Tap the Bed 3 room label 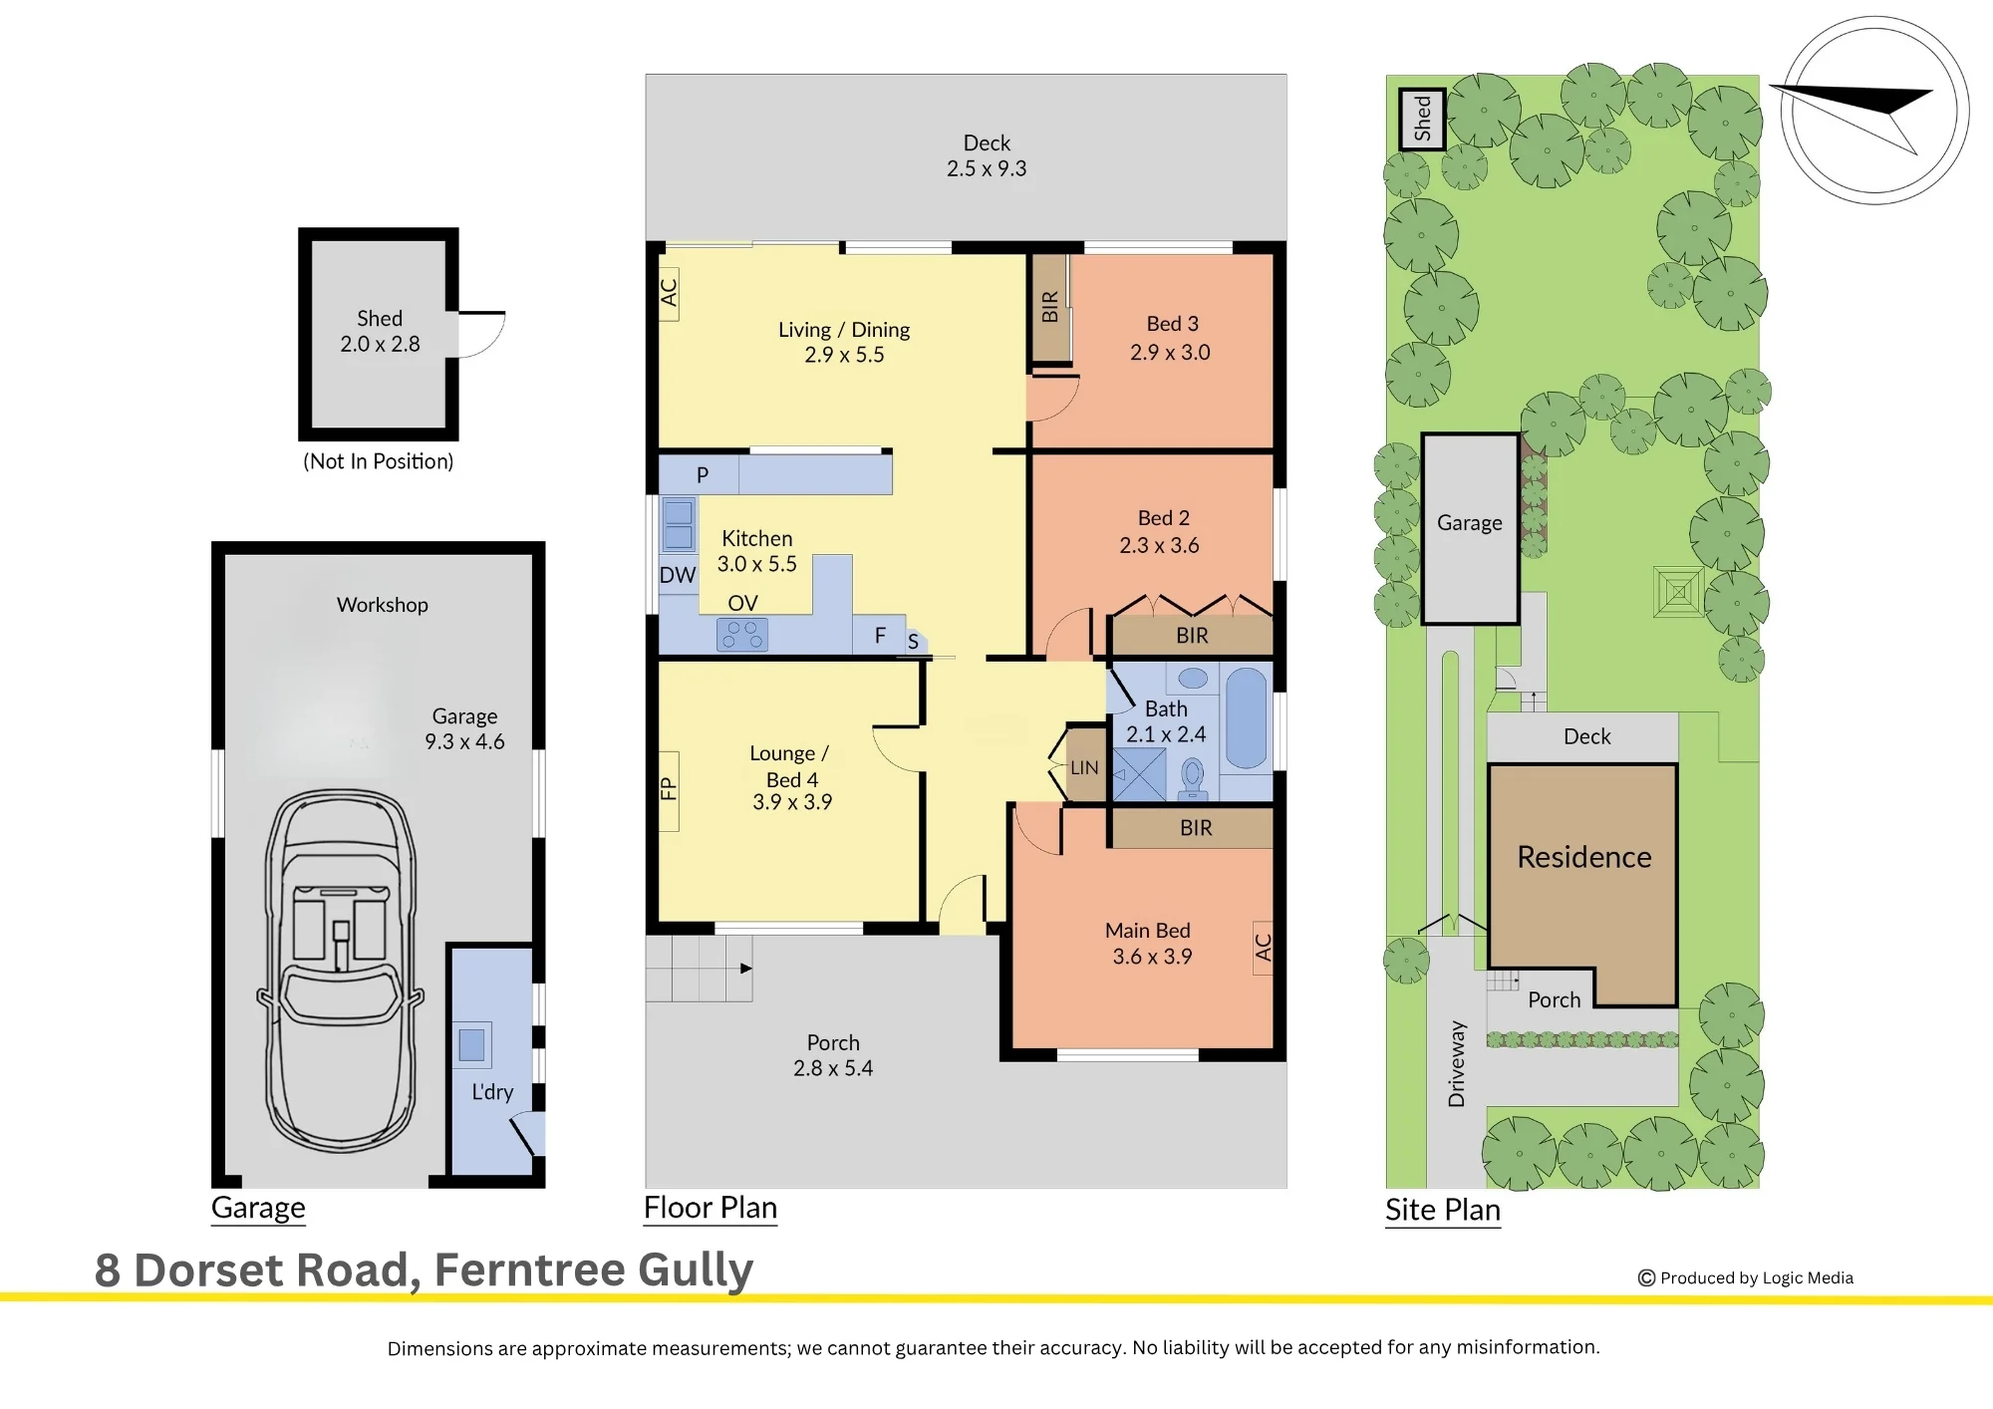(x=1172, y=324)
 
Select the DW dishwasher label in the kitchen (x=678, y=575)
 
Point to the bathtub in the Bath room (x=1246, y=717)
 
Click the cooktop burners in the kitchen (x=742, y=635)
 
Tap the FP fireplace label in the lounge (x=669, y=789)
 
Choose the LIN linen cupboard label (x=1084, y=768)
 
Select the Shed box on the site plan (x=1422, y=119)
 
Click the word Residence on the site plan (x=1584, y=857)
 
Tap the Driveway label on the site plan (x=1457, y=1063)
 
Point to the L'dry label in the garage (x=492, y=1092)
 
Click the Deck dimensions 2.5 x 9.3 (x=987, y=168)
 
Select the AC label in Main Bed (x=1264, y=947)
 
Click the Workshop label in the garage (x=383, y=605)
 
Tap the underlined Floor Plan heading (x=711, y=1208)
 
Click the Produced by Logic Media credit (x=1746, y=1277)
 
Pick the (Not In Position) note (x=379, y=461)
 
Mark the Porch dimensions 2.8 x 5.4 (x=833, y=1068)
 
